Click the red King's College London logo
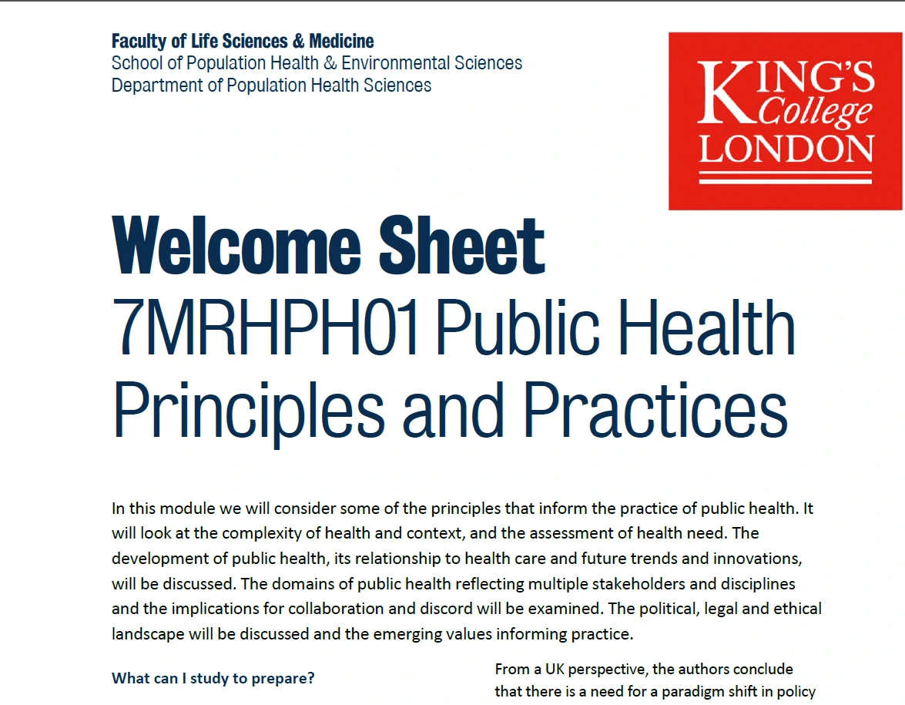click(785, 121)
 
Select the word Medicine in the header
click(341, 41)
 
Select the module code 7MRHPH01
click(266, 327)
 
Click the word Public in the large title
click(517, 327)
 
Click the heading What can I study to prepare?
click(213, 679)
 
